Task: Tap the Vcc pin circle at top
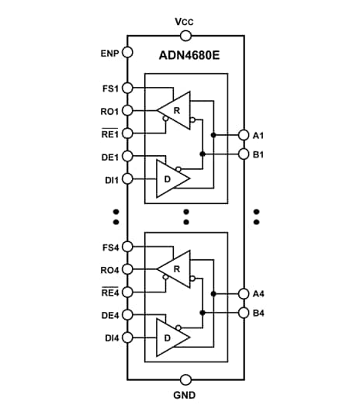185,35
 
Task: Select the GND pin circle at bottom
185,379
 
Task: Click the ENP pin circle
128,54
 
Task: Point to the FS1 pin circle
128,88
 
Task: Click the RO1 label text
109,110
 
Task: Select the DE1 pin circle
128,156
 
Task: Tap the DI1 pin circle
128,178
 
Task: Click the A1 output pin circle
244,135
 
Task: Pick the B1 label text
259,154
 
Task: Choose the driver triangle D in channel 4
171,338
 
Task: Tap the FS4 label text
110,247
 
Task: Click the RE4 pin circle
128,293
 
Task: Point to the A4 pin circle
244,294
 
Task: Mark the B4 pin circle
244,313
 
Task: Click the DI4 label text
110,338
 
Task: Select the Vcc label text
185,21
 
